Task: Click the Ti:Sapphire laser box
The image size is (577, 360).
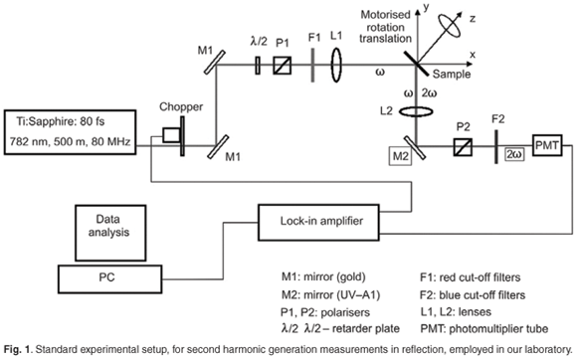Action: pyautogui.click(x=70, y=132)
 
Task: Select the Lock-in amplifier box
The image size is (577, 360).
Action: pyautogui.click(x=318, y=223)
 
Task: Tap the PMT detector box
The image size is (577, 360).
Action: pyautogui.click(x=547, y=145)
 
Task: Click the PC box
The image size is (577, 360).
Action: pyautogui.click(x=109, y=279)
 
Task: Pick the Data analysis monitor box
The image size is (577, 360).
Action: pyautogui.click(x=110, y=233)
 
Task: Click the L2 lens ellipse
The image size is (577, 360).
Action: pyautogui.click(x=416, y=111)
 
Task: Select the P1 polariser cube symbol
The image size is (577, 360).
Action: pyautogui.click(x=283, y=66)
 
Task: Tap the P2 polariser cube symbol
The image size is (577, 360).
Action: pyautogui.click(x=463, y=147)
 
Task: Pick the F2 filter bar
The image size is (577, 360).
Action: pyautogui.click(x=496, y=146)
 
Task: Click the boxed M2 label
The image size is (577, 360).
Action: pyautogui.click(x=400, y=156)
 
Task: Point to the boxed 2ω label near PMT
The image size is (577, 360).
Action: pyautogui.click(x=514, y=154)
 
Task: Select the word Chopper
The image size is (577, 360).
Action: pyautogui.click(x=181, y=107)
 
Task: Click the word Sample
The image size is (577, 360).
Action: pyautogui.click(x=452, y=74)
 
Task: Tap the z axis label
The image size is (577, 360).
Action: pyautogui.click(x=473, y=18)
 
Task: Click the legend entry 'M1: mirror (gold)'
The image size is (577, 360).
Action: pyautogui.click(x=323, y=276)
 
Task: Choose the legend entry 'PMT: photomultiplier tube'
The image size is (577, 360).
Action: pyautogui.click(x=484, y=329)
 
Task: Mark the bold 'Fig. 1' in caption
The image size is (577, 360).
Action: pyautogui.click(x=17, y=349)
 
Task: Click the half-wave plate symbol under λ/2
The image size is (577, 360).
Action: pyautogui.click(x=258, y=66)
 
